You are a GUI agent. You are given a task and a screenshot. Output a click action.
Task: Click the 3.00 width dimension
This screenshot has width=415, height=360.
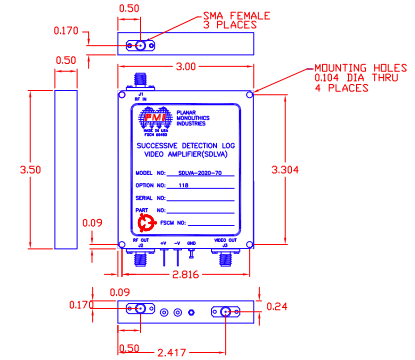tap(186, 67)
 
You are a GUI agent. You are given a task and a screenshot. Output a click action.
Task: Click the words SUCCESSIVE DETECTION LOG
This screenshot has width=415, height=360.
tap(183, 146)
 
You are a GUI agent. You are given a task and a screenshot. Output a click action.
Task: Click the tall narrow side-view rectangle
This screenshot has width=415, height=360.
tap(66, 171)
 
